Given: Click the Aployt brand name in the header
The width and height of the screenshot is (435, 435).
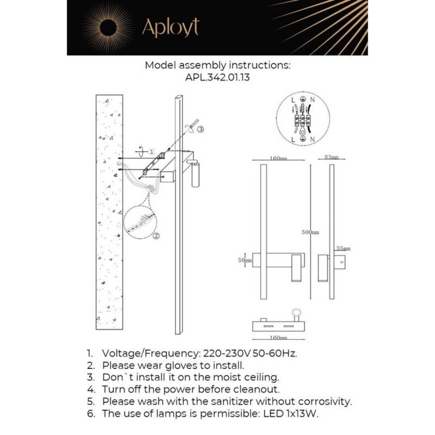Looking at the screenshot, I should pyautogui.click(x=170, y=27).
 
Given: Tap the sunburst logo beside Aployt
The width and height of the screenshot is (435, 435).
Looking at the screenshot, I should pyautogui.click(x=108, y=27).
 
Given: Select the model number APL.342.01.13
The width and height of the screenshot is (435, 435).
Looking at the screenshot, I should pyautogui.click(x=217, y=78).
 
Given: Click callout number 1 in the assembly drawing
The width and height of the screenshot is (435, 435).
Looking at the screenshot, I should pyautogui.click(x=152, y=152).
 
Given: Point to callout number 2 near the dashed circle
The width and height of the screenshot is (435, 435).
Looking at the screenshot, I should pyautogui.click(x=156, y=236).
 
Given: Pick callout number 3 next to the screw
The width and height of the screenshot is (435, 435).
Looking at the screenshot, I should pyautogui.click(x=201, y=129).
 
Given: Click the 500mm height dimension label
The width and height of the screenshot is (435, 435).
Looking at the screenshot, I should pyautogui.click(x=310, y=232).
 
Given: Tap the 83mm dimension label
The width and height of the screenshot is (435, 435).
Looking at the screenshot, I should pyautogui.click(x=331, y=157).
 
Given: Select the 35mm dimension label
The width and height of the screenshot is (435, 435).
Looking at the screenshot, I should pyautogui.click(x=343, y=248).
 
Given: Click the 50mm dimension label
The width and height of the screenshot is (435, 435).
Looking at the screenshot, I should pyautogui.click(x=245, y=260).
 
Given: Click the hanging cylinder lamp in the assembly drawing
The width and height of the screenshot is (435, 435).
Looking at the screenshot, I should pyautogui.click(x=196, y=175).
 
